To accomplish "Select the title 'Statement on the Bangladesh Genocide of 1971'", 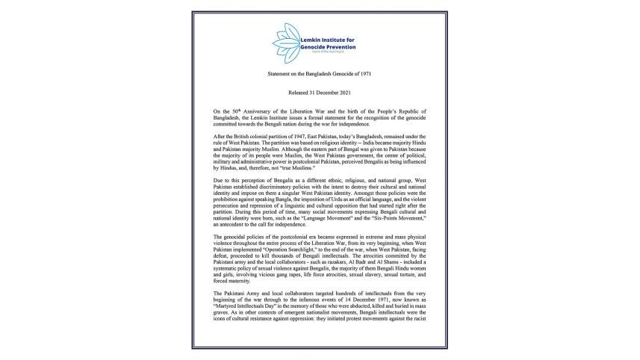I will [x=320, y=76].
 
